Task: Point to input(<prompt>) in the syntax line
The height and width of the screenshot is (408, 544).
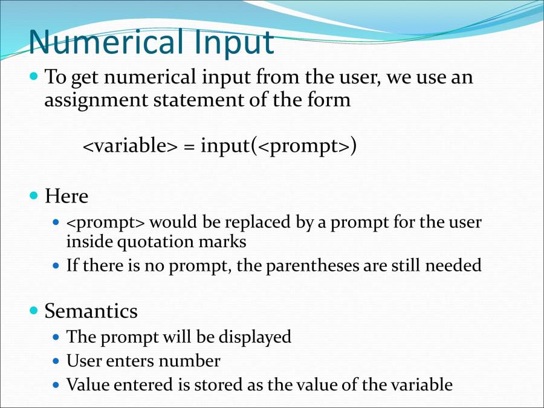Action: (x=279, y=146)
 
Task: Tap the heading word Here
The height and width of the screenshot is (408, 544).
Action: (x=66, y=196)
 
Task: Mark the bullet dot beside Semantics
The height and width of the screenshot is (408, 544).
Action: (x=34, y=311)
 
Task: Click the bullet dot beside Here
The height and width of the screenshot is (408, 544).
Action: (x=34, y=196)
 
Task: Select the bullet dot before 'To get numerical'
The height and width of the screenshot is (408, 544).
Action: (x=34, y=77)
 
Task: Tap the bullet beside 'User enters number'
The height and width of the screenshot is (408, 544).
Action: (x=56, y=361)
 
